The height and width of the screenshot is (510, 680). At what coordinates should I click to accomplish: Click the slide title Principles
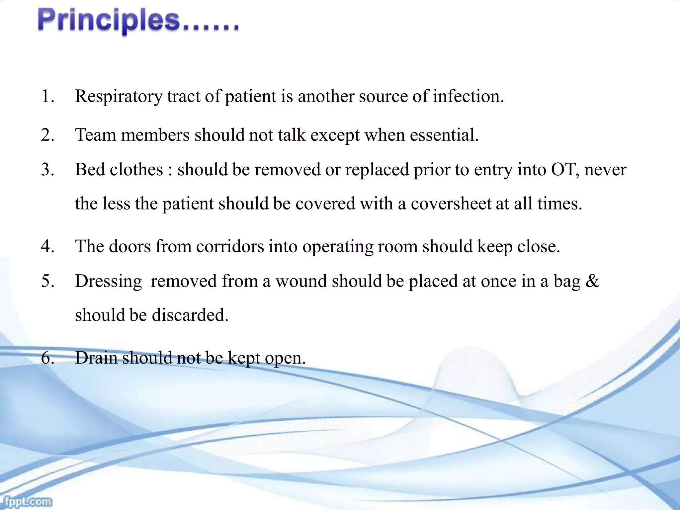click(138, 22)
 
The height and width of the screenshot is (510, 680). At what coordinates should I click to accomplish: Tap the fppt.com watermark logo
click(26, 501)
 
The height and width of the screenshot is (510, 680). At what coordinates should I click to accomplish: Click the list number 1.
click(47, 97)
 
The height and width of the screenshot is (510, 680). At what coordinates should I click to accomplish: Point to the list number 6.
click(47, 358)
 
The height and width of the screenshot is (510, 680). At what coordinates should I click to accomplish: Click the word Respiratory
click(119, 97)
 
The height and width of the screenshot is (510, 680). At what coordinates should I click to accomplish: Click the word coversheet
click(451, 204)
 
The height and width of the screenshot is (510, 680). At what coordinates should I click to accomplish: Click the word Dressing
click(109, 281)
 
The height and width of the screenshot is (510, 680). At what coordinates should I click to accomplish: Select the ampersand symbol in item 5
click(593, 281)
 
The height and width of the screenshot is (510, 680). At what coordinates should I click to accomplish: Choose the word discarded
click(190, 315)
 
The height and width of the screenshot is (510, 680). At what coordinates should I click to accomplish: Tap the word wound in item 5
click(301, 281)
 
